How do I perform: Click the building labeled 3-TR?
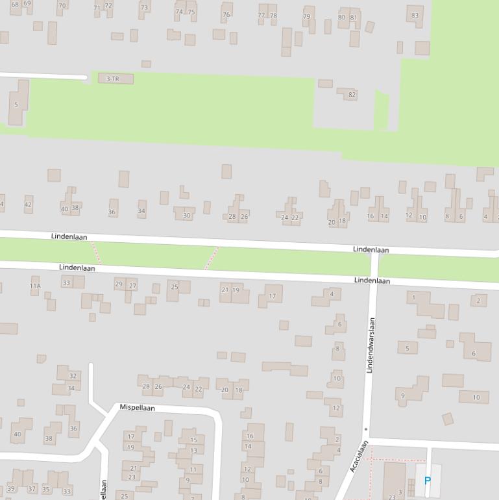[113, 79]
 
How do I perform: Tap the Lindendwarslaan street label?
[371, 345]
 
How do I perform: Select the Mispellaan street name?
[137, 408]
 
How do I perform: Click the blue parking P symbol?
[427, 481]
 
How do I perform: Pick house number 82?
[352, 95]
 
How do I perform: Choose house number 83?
[415, 16]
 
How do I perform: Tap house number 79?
[307, 17]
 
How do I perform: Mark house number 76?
[226, 14]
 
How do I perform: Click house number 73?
[144, 8]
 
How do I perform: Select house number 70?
[62, 6]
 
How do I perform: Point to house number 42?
[28, 205]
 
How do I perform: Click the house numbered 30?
[187, 216]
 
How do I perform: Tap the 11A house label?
[35, 286]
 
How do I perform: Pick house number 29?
[119, 284]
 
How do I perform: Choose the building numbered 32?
[73, 376]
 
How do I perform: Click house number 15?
[193, 440]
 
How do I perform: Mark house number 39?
[11, 488]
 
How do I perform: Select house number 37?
[32, 488]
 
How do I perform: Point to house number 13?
[193, 450]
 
